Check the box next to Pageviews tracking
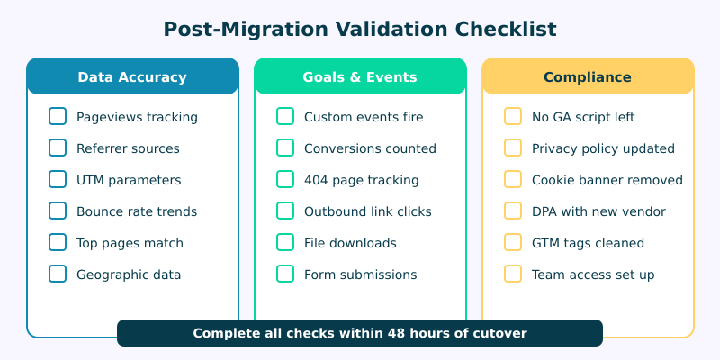point(58,116)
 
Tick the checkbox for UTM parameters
point(58,179)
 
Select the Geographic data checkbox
point(58,274)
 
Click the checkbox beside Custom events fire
point(285,116)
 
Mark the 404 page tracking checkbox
point(285,179)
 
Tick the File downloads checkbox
point(285,242)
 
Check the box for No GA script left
point(513,116)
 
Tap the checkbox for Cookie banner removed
point(513,179)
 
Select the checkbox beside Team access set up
point(513,274)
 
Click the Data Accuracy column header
point(132,76)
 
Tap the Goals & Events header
point(360,76)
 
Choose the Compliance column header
point(588,76)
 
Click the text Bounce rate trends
point(137,211)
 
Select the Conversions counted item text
point(370,148)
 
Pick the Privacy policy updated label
point(603,148)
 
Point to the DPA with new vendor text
point(598,211)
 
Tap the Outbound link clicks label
point(368,211)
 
